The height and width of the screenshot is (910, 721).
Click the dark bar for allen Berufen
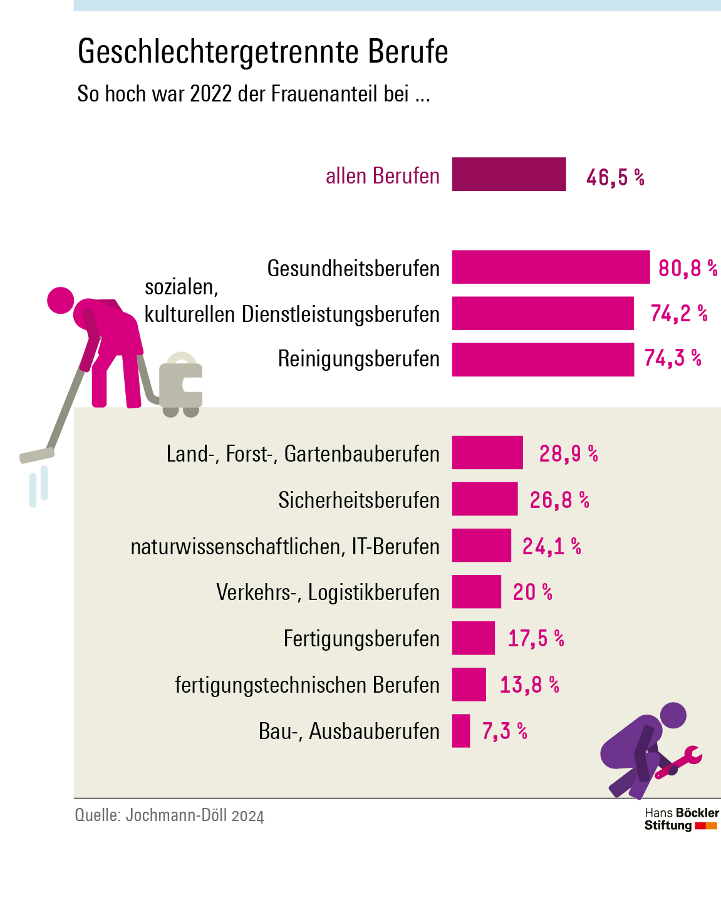(509, 174)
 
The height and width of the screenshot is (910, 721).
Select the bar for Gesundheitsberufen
(551, 267)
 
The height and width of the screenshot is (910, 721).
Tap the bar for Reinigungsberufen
(542, 359)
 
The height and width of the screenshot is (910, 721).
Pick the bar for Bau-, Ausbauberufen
(461, 731)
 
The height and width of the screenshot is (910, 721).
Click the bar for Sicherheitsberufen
(485, 499)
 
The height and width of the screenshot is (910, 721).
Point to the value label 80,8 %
(687, 269)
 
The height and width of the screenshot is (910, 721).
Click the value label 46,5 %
(615, 177)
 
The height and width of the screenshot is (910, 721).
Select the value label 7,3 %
(504, 731)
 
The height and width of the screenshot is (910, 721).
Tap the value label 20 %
(532, 592)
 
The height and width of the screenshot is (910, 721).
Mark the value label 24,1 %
(551, 546)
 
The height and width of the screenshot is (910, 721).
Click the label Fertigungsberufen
(361, 639)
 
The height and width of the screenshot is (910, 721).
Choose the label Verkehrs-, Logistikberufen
(328, 592)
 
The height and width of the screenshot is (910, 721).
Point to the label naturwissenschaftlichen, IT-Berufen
(285, 547)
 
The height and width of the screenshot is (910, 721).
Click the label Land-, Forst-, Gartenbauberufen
(303, 454)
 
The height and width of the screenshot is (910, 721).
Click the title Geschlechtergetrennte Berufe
(262, 51)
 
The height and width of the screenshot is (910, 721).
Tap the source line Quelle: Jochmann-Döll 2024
(169, 815)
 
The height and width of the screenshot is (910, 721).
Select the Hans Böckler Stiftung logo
(682, 819)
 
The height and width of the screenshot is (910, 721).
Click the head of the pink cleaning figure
(61, 300)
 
